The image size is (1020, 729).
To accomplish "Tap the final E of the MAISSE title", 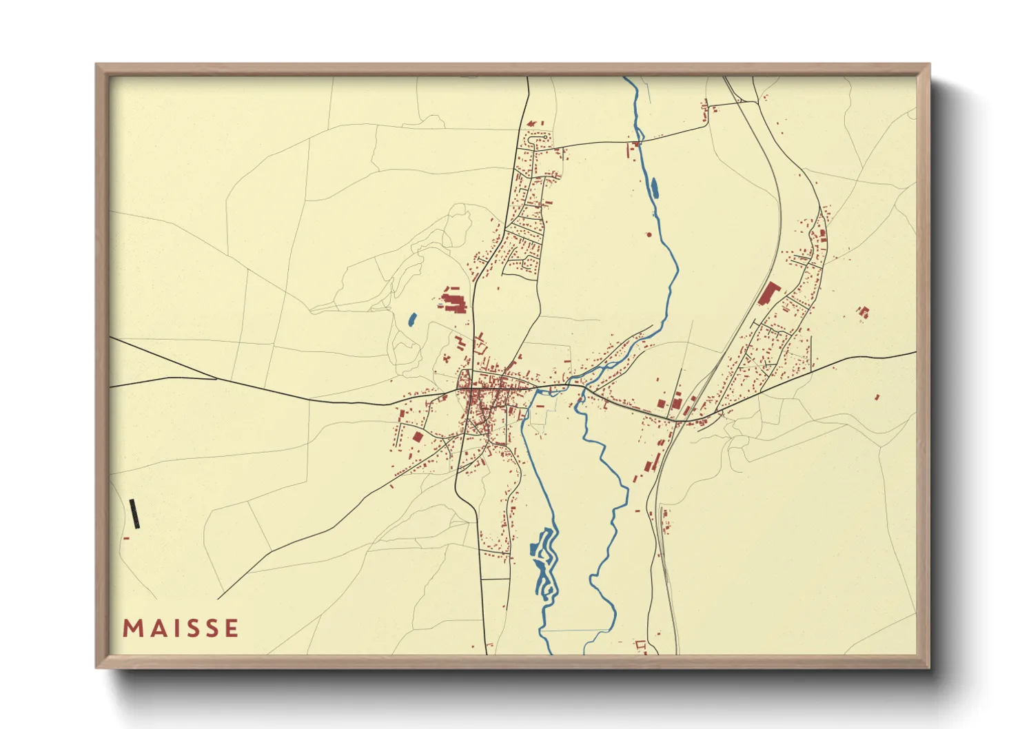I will (232, 628).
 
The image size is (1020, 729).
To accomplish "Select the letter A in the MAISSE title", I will (154, 628).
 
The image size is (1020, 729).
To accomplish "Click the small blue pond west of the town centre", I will (412, 320).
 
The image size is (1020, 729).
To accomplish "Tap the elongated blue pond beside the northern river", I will (653, 187).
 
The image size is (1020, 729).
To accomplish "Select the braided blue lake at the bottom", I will (544, 558).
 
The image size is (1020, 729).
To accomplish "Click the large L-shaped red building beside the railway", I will (767, 294).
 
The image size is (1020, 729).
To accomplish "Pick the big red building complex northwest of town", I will (453, 301).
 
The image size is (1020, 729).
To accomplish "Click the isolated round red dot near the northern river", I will (649, 235).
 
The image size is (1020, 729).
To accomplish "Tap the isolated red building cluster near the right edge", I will (863, 312).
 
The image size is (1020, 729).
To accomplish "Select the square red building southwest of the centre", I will (416, 437).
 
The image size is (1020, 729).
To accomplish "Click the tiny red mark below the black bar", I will (126, 538).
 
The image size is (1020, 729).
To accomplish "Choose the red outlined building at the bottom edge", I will (640, 645).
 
